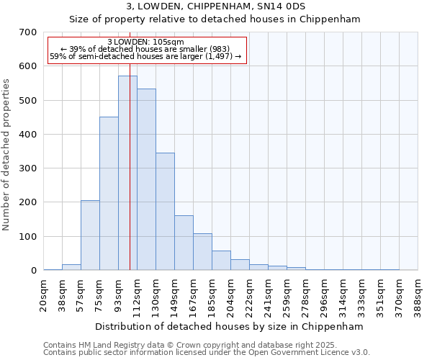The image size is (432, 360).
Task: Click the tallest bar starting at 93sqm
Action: [127, 173]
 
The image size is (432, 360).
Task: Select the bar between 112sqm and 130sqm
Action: [146, 180]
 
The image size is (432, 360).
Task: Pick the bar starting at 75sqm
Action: [109, 194]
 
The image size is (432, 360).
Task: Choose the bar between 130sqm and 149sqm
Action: [165, 212]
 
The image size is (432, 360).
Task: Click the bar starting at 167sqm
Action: [202, 252]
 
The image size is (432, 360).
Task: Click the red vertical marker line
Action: [130, 216]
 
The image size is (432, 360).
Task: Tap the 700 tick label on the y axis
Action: [28, 32]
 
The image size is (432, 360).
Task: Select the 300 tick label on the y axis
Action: [28, 168]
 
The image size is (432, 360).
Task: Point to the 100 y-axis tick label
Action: [28, 236]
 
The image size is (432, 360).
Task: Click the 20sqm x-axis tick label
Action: [44, 294]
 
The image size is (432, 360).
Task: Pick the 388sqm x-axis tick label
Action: [418, 294]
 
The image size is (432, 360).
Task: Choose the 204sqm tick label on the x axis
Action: [231, 294]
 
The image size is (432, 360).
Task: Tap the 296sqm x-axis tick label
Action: [325, 294]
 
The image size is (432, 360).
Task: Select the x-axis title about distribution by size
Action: [230, 326]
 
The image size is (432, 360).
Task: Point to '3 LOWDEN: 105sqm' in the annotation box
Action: [145, 42]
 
